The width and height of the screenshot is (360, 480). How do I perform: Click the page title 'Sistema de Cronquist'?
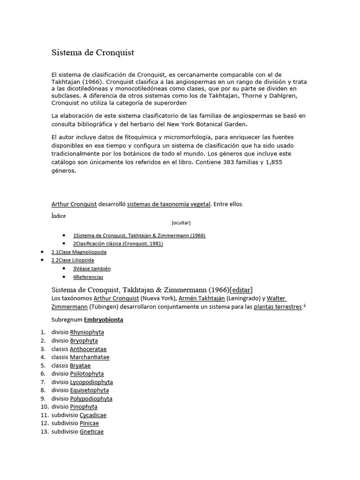pyautogui.click(x=92, y=52)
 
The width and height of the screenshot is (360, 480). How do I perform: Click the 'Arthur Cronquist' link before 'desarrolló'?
pyautogui.click(x=74, y=204)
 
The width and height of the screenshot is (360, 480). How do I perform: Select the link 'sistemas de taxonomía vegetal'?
pyautogui.click(x=168, y=204)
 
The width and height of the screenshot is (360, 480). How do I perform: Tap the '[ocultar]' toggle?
pyautogui.click(x=181, y=223)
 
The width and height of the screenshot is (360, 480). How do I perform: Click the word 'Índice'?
pyautogui.click(x=59, y=216)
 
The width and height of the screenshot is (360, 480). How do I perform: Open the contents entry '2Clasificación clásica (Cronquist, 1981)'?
pyautogui.click(x=118, y=244)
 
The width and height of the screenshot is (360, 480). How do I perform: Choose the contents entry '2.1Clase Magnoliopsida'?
pyautogui.click(x=79, y=252)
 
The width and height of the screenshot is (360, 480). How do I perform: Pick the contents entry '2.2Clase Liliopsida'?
pyautogui.click(x=73, y=260)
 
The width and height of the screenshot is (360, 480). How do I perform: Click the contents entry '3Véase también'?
pyautogui.click(x=91, y=269)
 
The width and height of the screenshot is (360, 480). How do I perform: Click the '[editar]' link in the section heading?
pyautogui.click(x=241, y=289)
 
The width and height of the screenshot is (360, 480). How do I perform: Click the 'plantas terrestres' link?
pyautogui.click(x=277, y=307)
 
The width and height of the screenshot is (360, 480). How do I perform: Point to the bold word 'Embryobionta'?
pyautogui.click(x=104, y=320)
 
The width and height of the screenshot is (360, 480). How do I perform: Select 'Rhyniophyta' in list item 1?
pyautogui.click(x=87, y=332)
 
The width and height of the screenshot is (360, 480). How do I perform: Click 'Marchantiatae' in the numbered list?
pyautogui.click(x=90, y=357)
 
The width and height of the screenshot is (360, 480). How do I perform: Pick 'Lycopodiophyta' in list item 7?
pyautogui.click(x=91, y=382)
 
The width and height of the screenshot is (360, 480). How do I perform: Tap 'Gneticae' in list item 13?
pyautogui.click(x=91, y=432)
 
